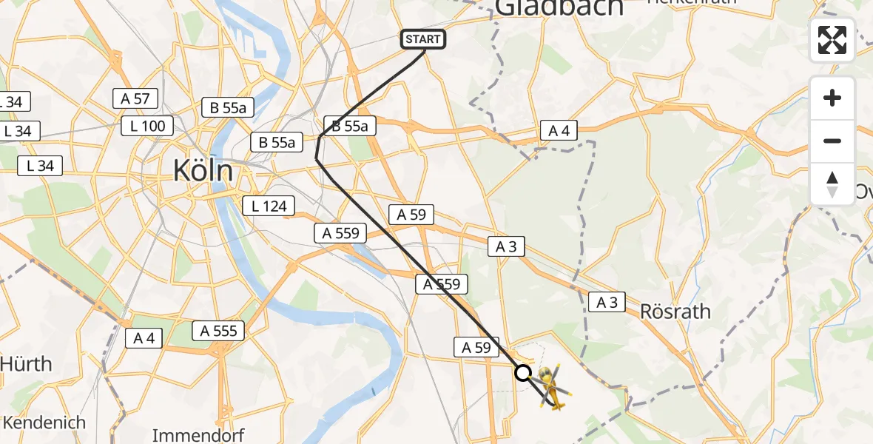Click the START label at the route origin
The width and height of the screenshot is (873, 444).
423,39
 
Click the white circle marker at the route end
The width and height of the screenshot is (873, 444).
523,373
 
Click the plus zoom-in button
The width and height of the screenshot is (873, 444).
832,98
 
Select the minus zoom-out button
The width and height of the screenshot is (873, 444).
832,141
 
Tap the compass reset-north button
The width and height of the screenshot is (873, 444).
832,184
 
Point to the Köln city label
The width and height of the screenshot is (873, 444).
203,172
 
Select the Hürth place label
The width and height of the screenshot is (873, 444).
27,364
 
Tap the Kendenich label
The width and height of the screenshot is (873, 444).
44,423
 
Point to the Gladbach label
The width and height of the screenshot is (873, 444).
560,7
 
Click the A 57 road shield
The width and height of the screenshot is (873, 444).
135,98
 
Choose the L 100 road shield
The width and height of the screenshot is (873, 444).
148,126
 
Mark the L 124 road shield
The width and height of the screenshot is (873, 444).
269,206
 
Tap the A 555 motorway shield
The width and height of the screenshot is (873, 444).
218,331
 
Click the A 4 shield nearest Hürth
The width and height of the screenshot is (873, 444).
144,338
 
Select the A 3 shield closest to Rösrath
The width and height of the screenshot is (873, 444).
607,301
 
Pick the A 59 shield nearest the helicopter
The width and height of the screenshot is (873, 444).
476,347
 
